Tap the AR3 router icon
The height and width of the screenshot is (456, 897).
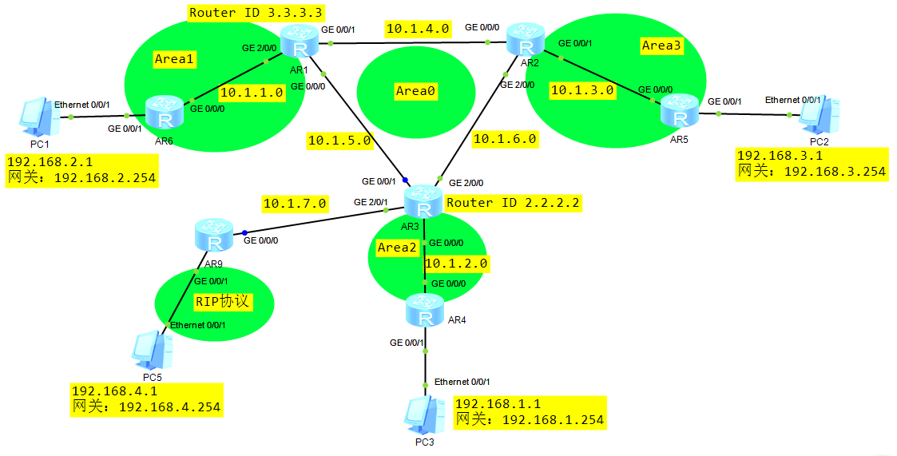point(423,202)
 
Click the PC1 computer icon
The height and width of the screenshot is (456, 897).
point(35,117)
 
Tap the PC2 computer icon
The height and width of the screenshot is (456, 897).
point(820,117)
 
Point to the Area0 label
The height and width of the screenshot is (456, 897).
point(415,91)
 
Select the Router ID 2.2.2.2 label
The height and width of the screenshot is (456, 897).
point(511,203)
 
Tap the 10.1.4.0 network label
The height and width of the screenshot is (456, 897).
point(418,29)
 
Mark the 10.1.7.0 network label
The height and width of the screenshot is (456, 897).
point(295,204)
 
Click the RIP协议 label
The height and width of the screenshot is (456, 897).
point(223,302)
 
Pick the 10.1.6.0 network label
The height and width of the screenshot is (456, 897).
point(505,139)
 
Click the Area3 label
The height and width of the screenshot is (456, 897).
point(661,46)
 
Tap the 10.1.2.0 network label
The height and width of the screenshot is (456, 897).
point(456,263)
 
